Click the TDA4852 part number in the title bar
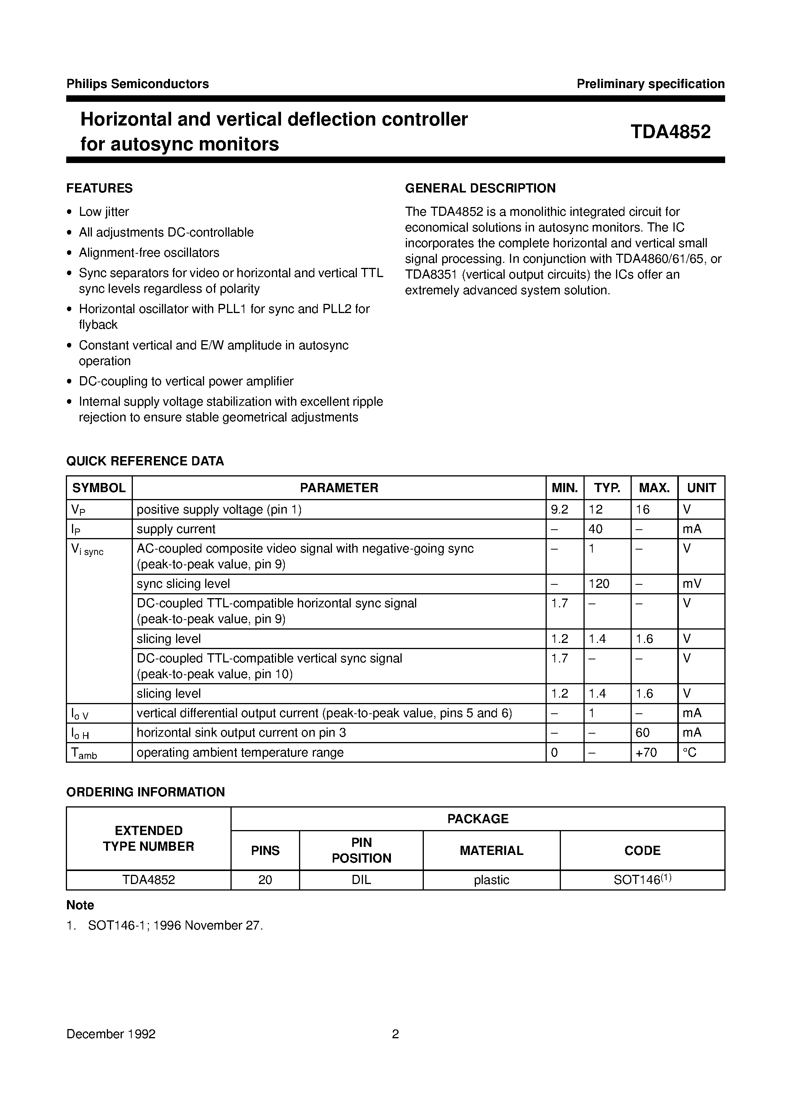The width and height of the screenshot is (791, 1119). tap(670, 132)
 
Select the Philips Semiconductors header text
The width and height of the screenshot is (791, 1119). tap(137, 84)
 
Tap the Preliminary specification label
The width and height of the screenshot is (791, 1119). tap(650, 84)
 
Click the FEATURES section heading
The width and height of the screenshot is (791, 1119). tap(100, 188)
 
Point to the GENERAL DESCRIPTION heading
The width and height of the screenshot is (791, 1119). tap(480, 188)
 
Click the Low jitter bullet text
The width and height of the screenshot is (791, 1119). tap(104, 212)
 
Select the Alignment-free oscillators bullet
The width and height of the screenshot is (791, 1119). tap(149, 253)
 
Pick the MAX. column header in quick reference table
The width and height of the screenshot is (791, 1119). tap(654, 488)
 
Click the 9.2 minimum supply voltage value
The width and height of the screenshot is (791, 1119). tap(559, 509)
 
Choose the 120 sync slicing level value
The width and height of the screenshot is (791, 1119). tap(599, 583)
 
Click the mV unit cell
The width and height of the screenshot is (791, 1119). tap(692, 583)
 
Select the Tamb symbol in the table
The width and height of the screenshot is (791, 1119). tap(84, 753)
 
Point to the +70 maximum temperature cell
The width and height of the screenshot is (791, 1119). tap(646, 752)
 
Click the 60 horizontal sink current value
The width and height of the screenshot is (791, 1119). tap(643, 732)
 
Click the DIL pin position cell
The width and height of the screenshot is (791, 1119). tap(361, 880)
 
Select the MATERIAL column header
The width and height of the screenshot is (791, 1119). tap(491, 850)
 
